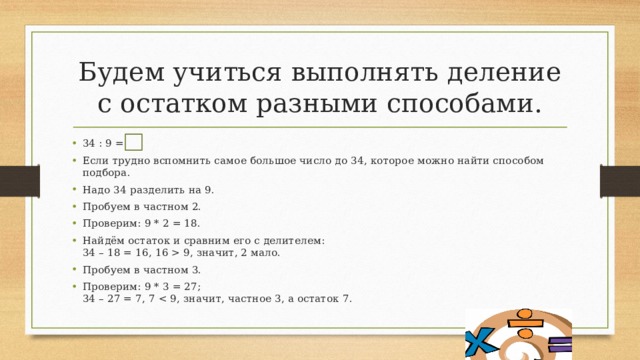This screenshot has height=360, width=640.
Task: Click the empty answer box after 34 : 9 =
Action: [x=133, y=142]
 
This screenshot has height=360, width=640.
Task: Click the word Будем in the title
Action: [x=122, y=73]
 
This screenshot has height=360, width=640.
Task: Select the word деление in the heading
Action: [x=504, y=73]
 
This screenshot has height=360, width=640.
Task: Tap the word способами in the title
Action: [x=464, y=104]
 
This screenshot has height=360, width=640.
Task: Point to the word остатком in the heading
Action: [x=184, y=104]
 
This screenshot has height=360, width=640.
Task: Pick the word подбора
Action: [x=106, y=173]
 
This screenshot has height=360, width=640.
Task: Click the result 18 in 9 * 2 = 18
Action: [x=191, y=224]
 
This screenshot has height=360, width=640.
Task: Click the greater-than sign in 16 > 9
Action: [x=176, y=253]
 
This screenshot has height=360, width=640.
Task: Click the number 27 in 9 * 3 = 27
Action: [x=191, y=287]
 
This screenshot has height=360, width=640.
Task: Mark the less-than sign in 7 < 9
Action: [x=163, y=299]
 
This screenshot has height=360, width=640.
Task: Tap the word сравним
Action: [x=209, y=241]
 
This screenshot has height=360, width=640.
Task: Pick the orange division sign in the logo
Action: [x=524, y=324]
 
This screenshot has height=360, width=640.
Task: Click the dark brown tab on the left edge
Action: [x=20, y=181]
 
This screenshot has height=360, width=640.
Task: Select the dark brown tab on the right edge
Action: [x=620, y=181]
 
